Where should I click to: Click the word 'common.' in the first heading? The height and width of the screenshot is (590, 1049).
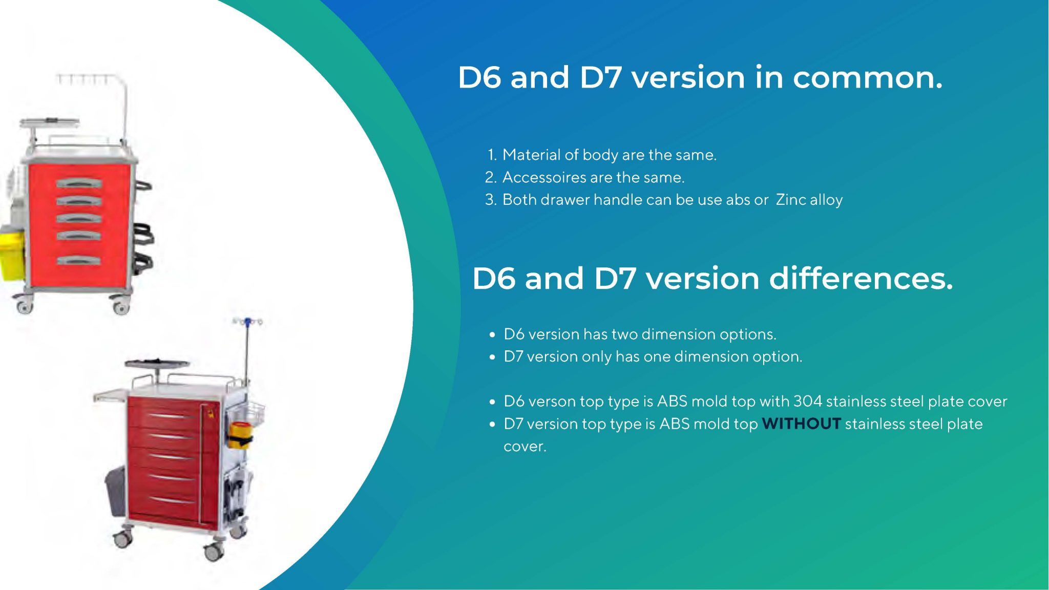[867, 78]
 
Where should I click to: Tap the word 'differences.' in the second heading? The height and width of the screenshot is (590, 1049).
[861, 279]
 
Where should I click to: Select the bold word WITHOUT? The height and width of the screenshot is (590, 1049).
[801, 424]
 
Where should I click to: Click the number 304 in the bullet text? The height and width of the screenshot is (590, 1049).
[807, 402]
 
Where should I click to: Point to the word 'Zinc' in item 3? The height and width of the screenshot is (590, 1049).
[790, 200]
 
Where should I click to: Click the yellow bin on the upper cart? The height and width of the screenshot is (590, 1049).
[10, 254]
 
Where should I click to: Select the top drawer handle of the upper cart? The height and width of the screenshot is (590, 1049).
[79, 183]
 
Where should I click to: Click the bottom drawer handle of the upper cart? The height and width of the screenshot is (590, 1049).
[79, 260]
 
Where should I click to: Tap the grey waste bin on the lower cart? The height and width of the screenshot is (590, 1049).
[116, 492]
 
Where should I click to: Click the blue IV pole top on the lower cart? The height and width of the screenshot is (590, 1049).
[248, 322]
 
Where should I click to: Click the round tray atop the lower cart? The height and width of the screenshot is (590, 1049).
[157, 364]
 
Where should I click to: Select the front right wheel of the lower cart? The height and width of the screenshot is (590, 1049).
[214, 552]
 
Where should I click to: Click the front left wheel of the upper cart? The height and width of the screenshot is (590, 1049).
[24, 306]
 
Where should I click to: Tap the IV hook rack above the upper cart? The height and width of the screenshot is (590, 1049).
[77, 78]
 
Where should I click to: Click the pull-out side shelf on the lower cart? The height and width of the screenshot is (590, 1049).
[110, 395]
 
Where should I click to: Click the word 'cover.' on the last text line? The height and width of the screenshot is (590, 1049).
[524, 447]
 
